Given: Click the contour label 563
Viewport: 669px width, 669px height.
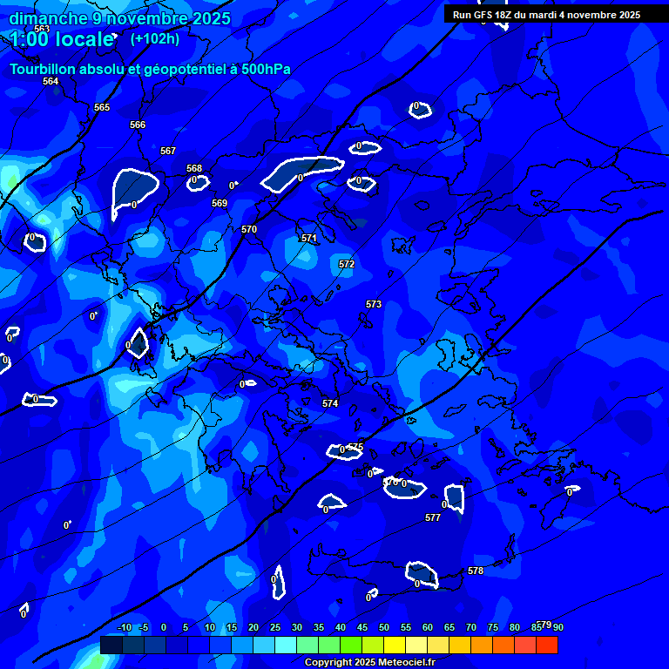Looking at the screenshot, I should pos(42,30).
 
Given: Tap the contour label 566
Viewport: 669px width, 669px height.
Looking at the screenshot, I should pos(138,125).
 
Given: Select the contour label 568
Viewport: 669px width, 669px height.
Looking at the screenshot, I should pos(194,168).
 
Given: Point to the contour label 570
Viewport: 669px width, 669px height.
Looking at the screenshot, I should pos(249,229).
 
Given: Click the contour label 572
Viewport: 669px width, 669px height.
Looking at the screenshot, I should pos(347,264).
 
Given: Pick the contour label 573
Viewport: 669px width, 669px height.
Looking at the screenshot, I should pos(374,304).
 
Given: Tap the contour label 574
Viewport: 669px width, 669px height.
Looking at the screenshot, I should pos(330,403).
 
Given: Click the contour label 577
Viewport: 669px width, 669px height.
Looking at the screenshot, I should pos(433,517).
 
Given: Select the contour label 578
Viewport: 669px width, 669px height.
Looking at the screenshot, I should pos(476,571).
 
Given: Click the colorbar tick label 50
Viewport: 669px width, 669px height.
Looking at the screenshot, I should pos(384,627).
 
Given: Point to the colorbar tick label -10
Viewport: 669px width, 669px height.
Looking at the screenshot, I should pos(124,627).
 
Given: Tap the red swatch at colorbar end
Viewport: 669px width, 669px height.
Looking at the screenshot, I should pos(546,645).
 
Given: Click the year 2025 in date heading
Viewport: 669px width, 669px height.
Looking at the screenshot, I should pos(209,18).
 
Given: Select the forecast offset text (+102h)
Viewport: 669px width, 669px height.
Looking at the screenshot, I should pos(154,38).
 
